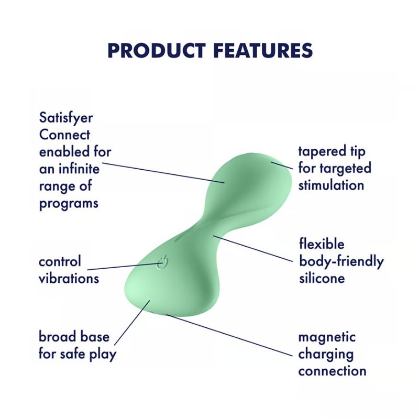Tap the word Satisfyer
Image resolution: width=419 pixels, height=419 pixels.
(65, 118)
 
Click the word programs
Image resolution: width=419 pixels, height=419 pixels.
(69, 203)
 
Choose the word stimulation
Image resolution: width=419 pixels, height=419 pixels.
(331, 185)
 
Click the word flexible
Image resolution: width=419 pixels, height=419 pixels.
(322, 244)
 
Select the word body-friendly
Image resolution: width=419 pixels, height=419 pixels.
(341, 261)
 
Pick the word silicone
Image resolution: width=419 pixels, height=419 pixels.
(322, 278)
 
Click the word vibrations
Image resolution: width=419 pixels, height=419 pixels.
(69, 278)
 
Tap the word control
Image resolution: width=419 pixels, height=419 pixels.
(60, 261)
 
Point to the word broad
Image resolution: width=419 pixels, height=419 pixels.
(58, 337)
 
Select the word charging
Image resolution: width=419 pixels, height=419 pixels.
(325, 354)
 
